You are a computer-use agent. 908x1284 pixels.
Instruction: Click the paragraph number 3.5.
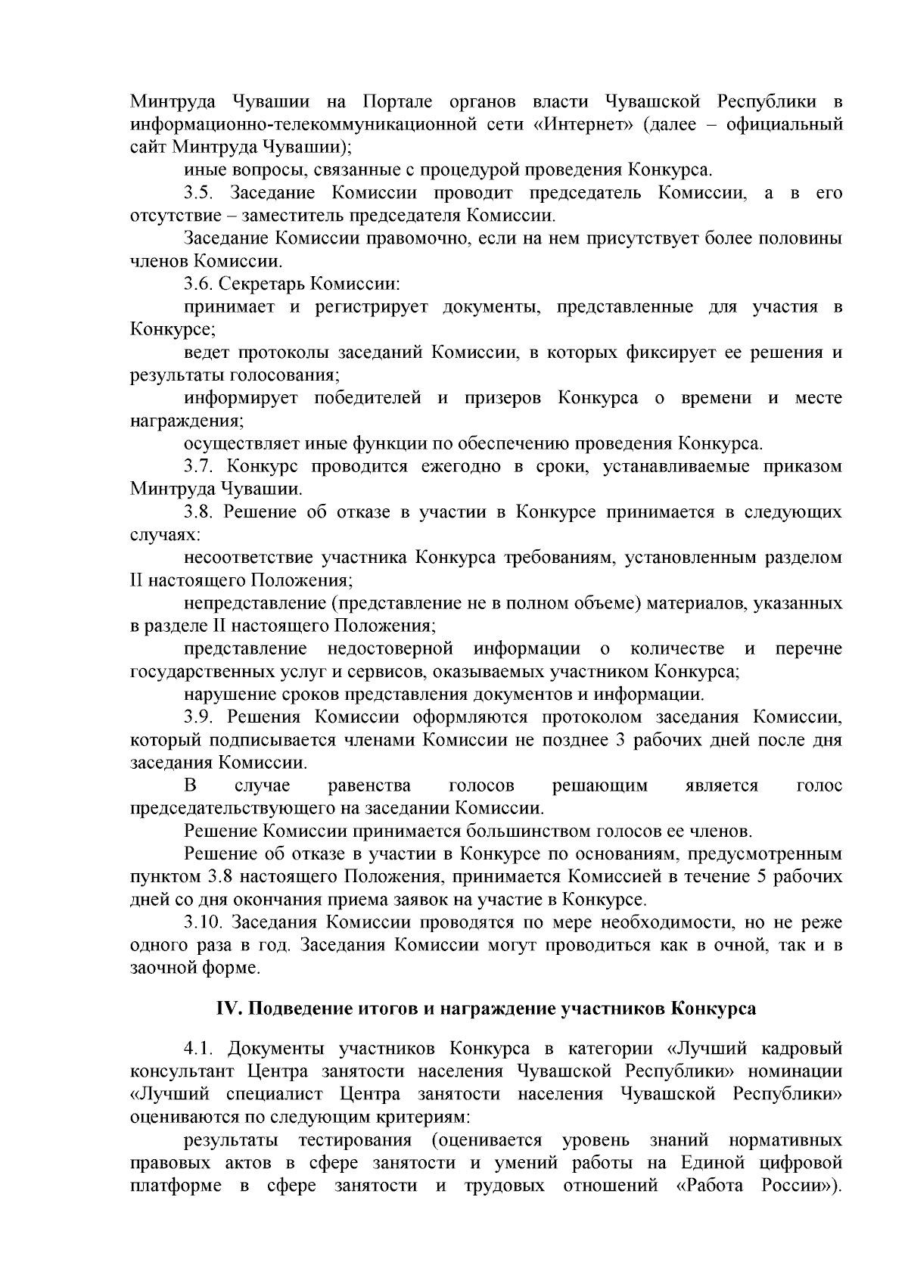point(200,193)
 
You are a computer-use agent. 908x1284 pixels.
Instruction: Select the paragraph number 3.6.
point(200,284)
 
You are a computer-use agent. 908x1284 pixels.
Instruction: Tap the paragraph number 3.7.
point(200,466)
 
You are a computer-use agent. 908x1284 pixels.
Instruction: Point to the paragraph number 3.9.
point(200,717)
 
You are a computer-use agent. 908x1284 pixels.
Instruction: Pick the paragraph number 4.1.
point(200,1049)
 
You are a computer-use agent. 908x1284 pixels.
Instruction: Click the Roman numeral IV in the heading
point(228,1009)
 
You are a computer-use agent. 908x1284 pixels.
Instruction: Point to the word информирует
point(241,398)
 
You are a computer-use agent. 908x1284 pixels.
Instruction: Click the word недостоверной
point(390,648)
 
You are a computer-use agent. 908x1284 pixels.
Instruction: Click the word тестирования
point(356,1140)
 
